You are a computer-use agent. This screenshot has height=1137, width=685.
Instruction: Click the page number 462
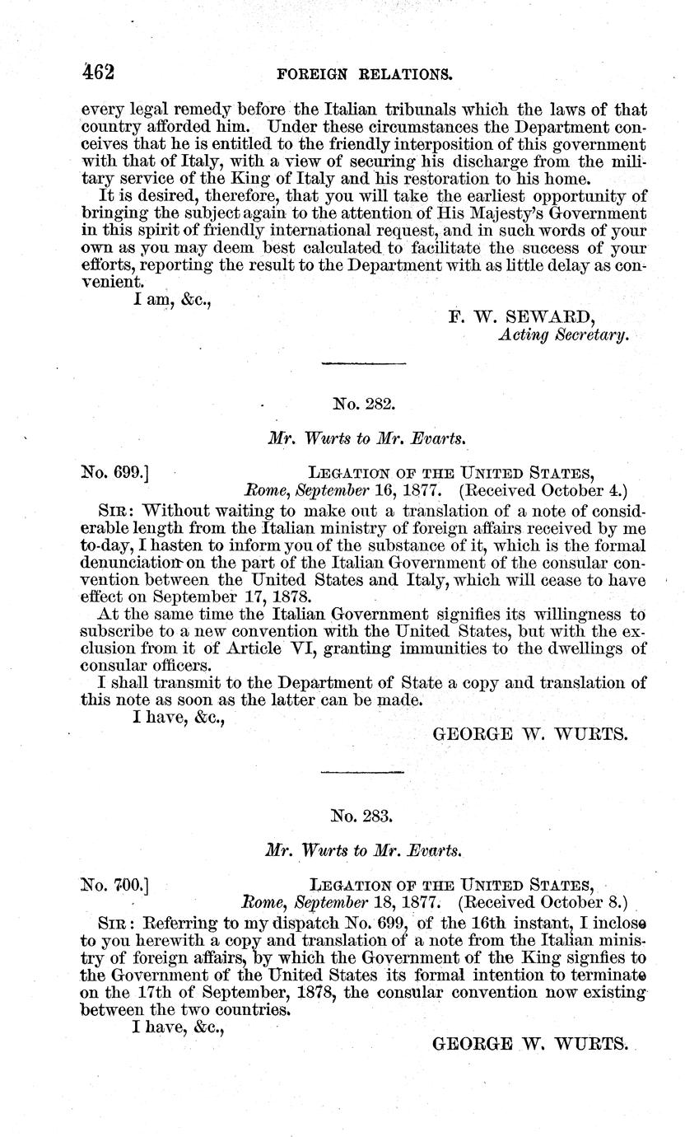click(x=97, y=72)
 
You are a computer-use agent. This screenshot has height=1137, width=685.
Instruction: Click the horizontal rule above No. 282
click(x=363, y=363)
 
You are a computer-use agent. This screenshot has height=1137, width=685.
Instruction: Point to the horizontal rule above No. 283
click(x=363, y=771)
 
